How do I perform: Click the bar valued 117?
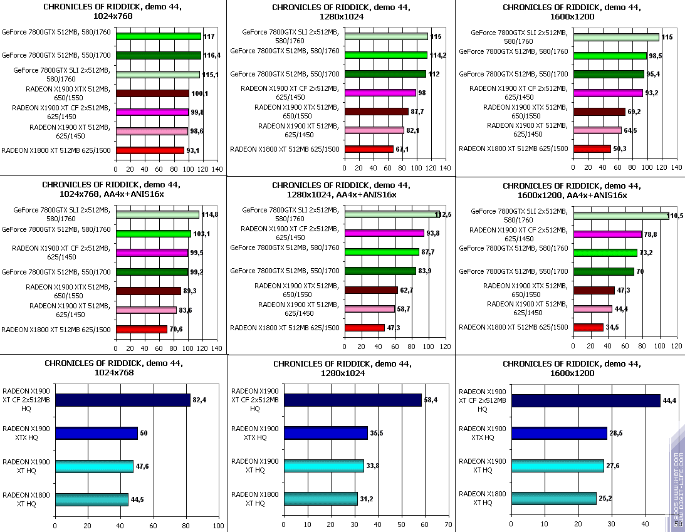point(158,36)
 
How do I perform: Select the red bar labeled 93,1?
point(150,150)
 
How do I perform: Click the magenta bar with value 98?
point(380,93)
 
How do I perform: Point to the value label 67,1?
point(403,149)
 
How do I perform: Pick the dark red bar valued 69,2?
point(599,112)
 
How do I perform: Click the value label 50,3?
point(620,149)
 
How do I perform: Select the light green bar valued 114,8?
point(157,215)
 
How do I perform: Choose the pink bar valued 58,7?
point(369,309)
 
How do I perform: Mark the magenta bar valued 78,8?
point(607,234)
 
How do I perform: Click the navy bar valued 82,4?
point(122,400)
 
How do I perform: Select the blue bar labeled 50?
point(96,433)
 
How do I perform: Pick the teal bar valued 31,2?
point(320,499)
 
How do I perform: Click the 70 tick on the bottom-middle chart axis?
point(447,524)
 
